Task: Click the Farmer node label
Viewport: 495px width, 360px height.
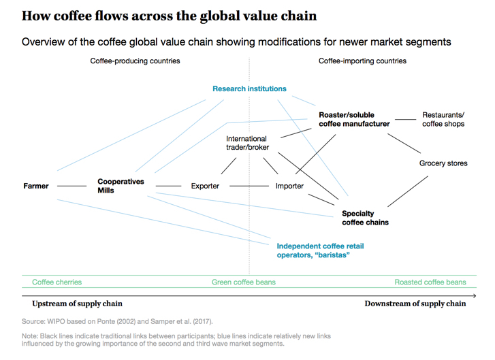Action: click(36, 186)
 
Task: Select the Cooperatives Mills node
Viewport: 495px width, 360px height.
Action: click(121, 186)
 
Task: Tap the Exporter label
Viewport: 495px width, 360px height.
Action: click(205, 186)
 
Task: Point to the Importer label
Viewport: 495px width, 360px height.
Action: click(289, 186)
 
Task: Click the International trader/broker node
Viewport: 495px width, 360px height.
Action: click(248, 143)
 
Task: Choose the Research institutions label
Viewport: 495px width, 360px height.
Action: click(249, 88)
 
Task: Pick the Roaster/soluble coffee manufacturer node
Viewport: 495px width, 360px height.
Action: click(354, 119)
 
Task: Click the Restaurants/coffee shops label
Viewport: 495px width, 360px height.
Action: click(443, 119)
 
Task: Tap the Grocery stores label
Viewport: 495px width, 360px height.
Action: click(443, 163)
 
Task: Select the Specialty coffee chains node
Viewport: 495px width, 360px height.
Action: click(365, 218)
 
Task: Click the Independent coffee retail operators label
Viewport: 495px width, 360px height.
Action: click(320, 250)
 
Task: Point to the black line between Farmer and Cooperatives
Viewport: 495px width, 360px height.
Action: click(71, 186)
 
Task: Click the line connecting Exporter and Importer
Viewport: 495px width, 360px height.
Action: click(249, 186)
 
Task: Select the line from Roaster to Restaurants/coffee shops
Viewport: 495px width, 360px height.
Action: click(406, 119)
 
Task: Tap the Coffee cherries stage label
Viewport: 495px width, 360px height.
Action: click(57, 282)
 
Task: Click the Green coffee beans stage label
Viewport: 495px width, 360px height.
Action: click(243, 282)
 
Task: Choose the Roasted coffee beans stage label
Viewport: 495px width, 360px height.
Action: click(430, 282)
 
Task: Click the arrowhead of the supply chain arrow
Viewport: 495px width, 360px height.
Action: click(475, 296)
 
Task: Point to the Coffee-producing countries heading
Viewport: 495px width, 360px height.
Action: click(135, 61)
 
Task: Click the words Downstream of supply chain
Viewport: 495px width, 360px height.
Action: click(415, 304)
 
